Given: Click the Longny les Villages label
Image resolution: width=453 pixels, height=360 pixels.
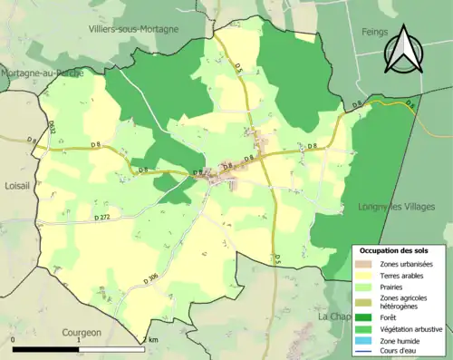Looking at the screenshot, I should (403, 206).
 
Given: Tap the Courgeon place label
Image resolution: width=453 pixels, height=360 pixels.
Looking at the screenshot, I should (82, 332).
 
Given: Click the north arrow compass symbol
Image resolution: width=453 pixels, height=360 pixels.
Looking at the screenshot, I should (400, 49).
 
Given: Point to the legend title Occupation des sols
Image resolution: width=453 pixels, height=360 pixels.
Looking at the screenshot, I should (394, 250).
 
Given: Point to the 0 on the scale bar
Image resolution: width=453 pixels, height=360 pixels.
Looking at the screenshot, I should (14, 341).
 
